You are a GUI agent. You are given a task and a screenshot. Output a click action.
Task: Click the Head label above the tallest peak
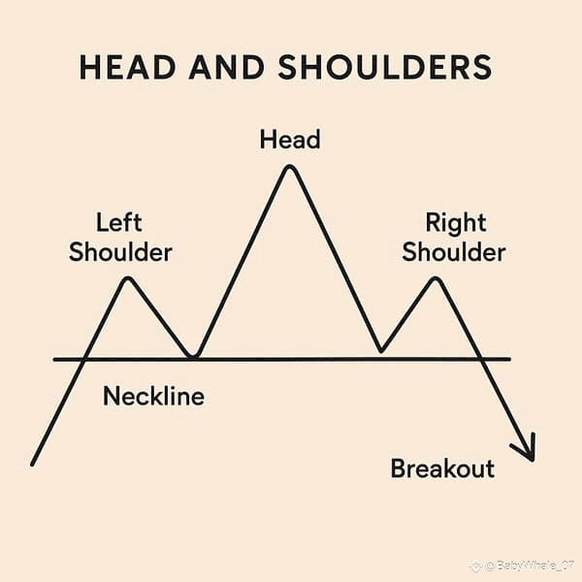[289, 141]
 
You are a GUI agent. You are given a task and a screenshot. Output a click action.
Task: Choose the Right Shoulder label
[454, 239]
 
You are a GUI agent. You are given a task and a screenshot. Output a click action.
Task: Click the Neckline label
[153, 396]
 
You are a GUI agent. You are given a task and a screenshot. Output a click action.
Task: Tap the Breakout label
[442, 469]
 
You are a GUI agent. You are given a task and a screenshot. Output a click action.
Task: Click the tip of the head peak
[288, 168]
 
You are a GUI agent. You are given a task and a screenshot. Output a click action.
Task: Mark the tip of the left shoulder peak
[127, 279]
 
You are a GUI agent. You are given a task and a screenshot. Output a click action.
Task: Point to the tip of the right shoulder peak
[436, 279]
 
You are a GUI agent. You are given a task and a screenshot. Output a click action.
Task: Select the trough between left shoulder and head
[195, 356]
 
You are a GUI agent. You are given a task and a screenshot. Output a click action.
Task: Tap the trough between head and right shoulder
[381, 350]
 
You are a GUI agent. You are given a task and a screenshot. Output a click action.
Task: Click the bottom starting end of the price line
[33, 464]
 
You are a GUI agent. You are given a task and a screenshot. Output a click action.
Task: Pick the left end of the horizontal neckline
[55, 360]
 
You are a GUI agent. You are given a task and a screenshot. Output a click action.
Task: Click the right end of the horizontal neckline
[508, 360]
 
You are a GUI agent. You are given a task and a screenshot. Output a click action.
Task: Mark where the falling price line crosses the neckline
[480, 360]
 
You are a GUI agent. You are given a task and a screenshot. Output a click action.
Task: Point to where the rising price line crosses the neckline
[85, 360]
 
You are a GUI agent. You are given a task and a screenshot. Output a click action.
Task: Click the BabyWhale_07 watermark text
[529, 564]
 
